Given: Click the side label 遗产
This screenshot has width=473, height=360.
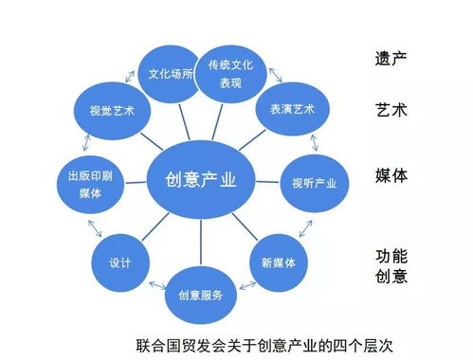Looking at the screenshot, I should pyautogui.click(x=391, y=57).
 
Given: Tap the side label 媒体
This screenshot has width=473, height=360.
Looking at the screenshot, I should pyautogui.click(x=391, y=175).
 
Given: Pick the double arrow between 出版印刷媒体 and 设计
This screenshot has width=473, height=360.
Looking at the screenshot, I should pyautogui.click(x=95, y=227).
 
